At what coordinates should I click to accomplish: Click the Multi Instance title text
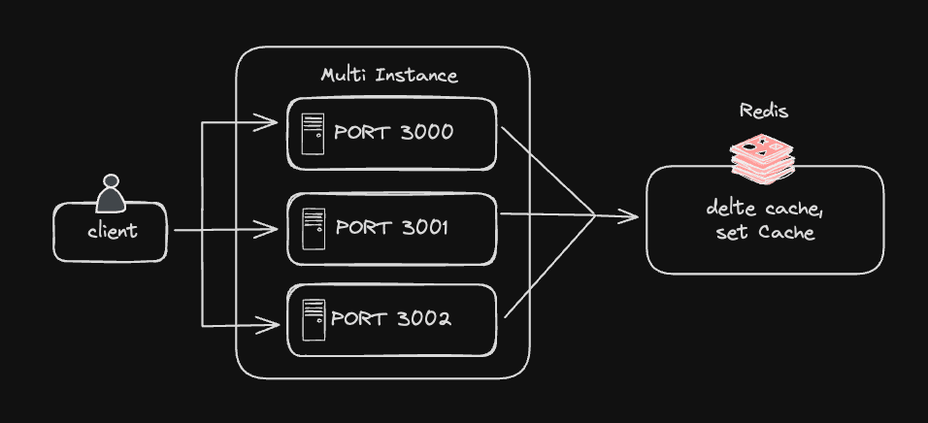(389, 75)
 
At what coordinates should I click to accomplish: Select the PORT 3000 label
(393, 133)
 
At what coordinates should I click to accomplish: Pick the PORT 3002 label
(391, 318)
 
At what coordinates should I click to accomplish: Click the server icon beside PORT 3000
(313, 134)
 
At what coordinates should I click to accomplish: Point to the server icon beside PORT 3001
(313, 228)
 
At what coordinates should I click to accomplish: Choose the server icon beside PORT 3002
(313, 319)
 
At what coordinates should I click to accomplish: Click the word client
(112, 231)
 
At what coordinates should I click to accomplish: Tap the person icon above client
(111, 194)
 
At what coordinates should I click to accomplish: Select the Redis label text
(764, 111)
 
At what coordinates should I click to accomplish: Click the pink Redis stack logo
(762, 158)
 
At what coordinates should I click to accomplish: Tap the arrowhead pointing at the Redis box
(632, 216)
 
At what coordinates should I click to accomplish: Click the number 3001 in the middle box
(425, 227)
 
